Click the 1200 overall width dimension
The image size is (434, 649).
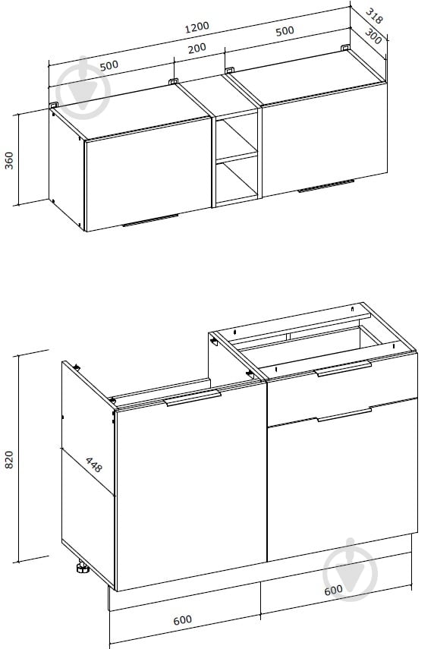point(197,27)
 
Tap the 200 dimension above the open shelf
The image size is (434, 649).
point(197,49)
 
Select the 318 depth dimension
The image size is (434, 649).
point(374,15)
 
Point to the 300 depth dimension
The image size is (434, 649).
point(373,36)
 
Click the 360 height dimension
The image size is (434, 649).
point(9,160)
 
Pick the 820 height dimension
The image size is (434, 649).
point(9,459)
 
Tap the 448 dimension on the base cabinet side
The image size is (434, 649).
point(93,465)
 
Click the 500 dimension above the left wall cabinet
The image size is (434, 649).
point(108,65)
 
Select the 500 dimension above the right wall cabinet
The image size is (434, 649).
point(285,31)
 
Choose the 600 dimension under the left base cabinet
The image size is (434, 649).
point(182,620)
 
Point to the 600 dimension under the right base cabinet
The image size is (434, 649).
point(333,591)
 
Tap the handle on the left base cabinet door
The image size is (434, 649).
point(193,397)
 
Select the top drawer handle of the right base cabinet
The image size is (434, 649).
point(344,368)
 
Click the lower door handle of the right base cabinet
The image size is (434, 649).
point(344,414)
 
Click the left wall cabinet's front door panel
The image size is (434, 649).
point(149,174)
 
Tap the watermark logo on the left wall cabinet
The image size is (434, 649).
point(83,89)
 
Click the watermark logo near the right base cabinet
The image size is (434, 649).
point(351,570)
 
